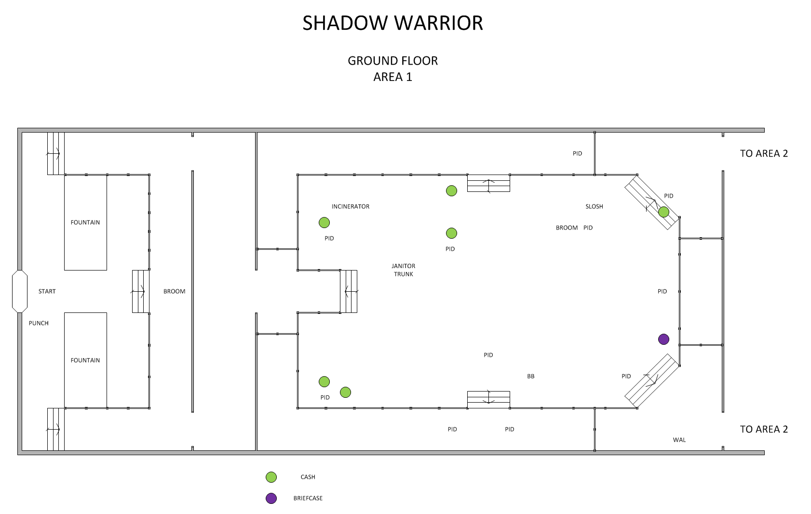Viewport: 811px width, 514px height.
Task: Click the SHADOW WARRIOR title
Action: (x=392, y=23)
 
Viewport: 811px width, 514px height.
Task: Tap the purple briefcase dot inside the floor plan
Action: (x=663, y=339)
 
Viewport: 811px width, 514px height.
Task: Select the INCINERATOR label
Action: (x=350, y=206)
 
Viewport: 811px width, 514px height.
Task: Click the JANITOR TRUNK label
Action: (x=403, y=270)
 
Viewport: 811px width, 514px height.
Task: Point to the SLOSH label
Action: (x=594, y=206)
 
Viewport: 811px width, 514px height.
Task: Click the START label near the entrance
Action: (x=47, y=291)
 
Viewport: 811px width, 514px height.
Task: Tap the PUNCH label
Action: (x=39, y=323)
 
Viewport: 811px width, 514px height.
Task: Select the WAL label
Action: (x=679, y=440)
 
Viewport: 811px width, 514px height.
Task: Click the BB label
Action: (x=530, y=376)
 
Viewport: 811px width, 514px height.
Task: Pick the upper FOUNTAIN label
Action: (x=85, y=222)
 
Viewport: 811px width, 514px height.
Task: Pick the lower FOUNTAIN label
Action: (x=85, y=360)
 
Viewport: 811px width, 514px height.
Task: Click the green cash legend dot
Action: (x=271, y=477)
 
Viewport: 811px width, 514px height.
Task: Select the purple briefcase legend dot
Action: (x=271, y=498)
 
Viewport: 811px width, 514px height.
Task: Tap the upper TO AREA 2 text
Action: (x=764, y=153)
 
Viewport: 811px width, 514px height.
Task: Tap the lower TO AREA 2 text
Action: (x=764, y=429)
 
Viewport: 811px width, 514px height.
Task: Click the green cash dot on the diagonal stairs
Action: (x=663, y=212)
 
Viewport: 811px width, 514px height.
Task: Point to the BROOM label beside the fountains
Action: (x=174, y=291)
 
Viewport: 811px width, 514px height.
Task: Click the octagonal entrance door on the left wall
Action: (x=19, y=291)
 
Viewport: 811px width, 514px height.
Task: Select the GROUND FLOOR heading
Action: (x=392, y=61)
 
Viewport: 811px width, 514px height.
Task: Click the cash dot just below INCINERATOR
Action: (x=324, y=222)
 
